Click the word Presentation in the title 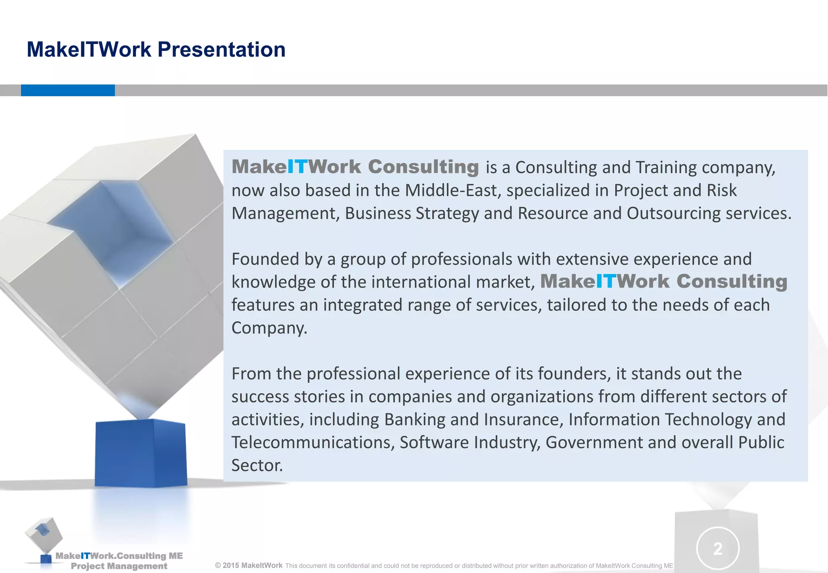click(221, 50)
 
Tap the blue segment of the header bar click(68, 90)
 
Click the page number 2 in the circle click(718, 549)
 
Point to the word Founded click(265, 259)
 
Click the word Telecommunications click(313, 442)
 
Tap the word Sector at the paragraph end click(256, 466)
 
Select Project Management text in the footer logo click(119, 566)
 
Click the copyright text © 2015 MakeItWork click(249, 565)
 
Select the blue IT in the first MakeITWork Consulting click(297, 167)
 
